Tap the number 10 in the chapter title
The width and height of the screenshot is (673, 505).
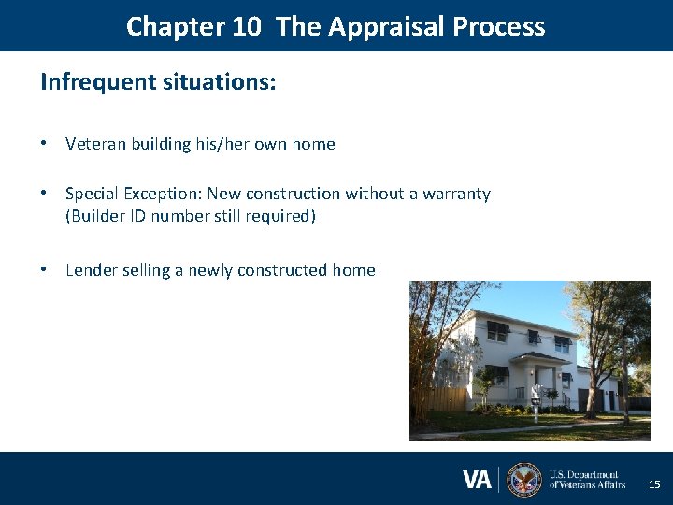point(247,26)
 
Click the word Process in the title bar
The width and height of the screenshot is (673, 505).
point(499,26)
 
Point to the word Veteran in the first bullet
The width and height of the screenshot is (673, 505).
point(95,144)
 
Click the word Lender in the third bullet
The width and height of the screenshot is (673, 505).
point(91,270)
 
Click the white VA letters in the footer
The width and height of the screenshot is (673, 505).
point(477,480)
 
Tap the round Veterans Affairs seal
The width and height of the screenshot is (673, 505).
point(523,480)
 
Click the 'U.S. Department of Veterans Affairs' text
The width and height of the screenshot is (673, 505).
point(587,480)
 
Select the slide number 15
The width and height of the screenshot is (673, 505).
point(654,484)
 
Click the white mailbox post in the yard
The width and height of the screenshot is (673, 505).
point(535,406)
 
